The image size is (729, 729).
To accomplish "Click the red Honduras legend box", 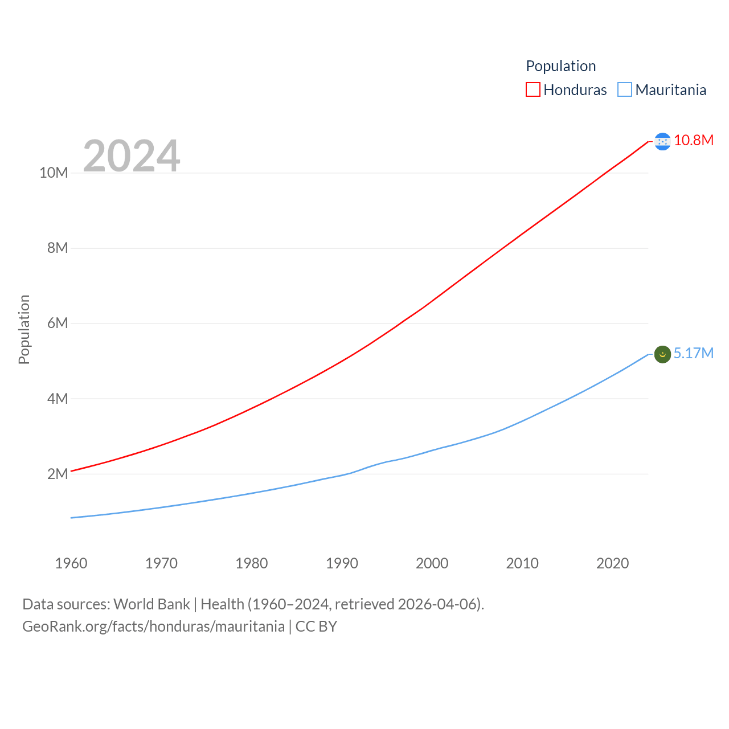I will click(x=533, y=90).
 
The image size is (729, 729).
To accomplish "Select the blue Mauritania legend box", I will click(x=625, y=90).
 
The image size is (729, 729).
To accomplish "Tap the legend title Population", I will click(x=560, y=66).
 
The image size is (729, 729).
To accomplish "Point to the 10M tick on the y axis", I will click(x=54, y=173).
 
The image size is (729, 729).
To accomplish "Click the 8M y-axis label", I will click(x=58, y=248).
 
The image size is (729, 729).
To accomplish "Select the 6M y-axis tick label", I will click(x=58, y=323).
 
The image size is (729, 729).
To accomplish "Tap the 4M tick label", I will click(x=58, y=399).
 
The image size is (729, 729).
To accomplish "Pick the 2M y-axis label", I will click(x=58, y=474).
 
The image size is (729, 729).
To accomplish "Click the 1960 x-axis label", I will click(x=71, y=563).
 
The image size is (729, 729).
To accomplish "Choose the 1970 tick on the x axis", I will click(x=161, y=563).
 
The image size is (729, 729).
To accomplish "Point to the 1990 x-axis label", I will click(x=342, y=563).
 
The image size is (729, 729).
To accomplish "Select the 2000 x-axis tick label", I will click(x=432, y=563).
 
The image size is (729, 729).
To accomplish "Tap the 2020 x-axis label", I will click(x=613, y=563).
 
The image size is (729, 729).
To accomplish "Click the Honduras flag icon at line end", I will click(x=662, y=141).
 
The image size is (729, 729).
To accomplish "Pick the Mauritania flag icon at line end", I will click(x=662, y=354).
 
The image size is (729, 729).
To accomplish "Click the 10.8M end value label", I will click(x=694, y=140).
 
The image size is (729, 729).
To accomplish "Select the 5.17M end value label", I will click(x=694, y=353).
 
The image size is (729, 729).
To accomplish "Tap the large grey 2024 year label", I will click(x=132, y=155).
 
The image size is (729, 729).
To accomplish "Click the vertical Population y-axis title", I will click(x=24, y=329).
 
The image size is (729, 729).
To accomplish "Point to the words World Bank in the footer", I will click(x=151, y=604).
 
